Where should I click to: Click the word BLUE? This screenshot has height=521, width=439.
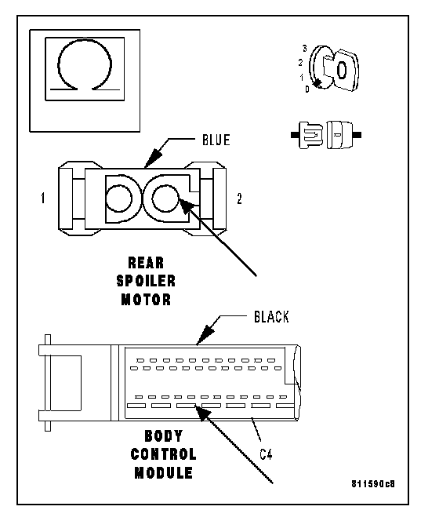point(216,140)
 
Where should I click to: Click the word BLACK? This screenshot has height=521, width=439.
point(271,317)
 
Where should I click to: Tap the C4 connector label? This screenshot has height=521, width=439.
point(266,454)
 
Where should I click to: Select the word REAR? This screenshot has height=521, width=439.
point(146,263)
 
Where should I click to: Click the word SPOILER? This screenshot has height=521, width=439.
point(146,281)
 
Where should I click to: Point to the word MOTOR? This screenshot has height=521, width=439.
point(146,300)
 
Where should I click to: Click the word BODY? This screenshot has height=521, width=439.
point(164,436)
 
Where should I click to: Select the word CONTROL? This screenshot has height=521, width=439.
point(163,454)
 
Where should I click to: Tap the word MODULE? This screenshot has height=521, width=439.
point(163,473)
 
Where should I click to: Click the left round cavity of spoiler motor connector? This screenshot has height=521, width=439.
point(118,199)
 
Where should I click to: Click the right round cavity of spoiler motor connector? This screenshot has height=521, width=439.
point(165,199)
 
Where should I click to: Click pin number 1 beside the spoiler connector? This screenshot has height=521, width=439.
point(42,198)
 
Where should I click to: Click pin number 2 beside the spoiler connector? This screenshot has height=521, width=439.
point(239,199)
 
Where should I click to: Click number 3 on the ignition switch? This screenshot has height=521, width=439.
point(305,49)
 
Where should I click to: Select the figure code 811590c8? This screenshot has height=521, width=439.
point(373,484)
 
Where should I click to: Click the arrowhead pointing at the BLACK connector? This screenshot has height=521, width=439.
point(205,335)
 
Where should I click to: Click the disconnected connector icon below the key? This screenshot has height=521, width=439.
point(326,135)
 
